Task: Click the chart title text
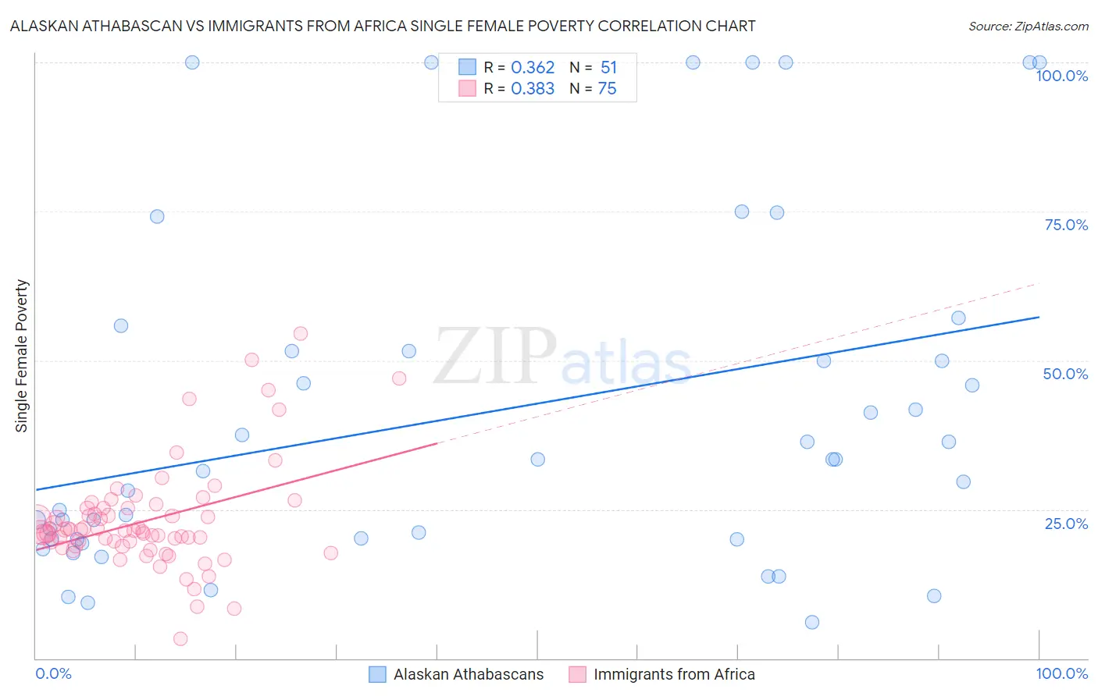coord(383,26)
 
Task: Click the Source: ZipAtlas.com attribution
coord(1028,26)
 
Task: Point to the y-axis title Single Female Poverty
coord(22,356)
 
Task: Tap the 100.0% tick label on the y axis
coord(1061,76)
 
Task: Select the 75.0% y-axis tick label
coord(1066,225)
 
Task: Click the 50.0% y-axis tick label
coord(1065,374)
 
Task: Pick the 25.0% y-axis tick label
coord(1066,524)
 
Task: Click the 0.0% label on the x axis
coord(53,673)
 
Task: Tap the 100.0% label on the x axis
coord(1061,673)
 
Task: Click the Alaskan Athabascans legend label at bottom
coord(469,674)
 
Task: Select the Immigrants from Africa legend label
coord(674,674)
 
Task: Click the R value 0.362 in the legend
coord(533,68)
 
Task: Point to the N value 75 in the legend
coord(607,89)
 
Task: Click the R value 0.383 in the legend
coord(533,89)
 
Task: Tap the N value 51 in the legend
coord(608,68)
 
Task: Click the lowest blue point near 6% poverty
coord(812,622)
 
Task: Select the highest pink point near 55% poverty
coord(300,333)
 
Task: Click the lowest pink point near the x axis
coord(180,639)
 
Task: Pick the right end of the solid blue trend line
coord(1039,317)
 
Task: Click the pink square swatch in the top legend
coord(467,88)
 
